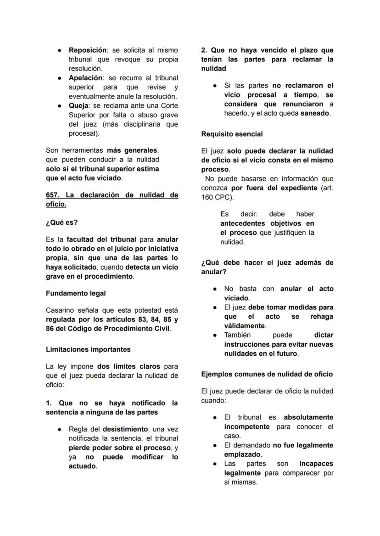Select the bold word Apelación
tap(85, 78)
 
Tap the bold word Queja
tap(78, 106)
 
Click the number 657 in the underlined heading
tap(52, 195)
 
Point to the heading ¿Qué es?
tap(62, 222)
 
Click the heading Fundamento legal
tap(76, 293)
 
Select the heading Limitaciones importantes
tap(88, 349)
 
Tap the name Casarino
tap(60, 310)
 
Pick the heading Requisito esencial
tap(232, 134)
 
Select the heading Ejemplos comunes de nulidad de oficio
tap(267, 374)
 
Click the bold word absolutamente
tap(308, 418)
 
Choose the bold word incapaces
tap(316, 464)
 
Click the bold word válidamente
tap(245, 326)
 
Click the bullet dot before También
tap(215, 336)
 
